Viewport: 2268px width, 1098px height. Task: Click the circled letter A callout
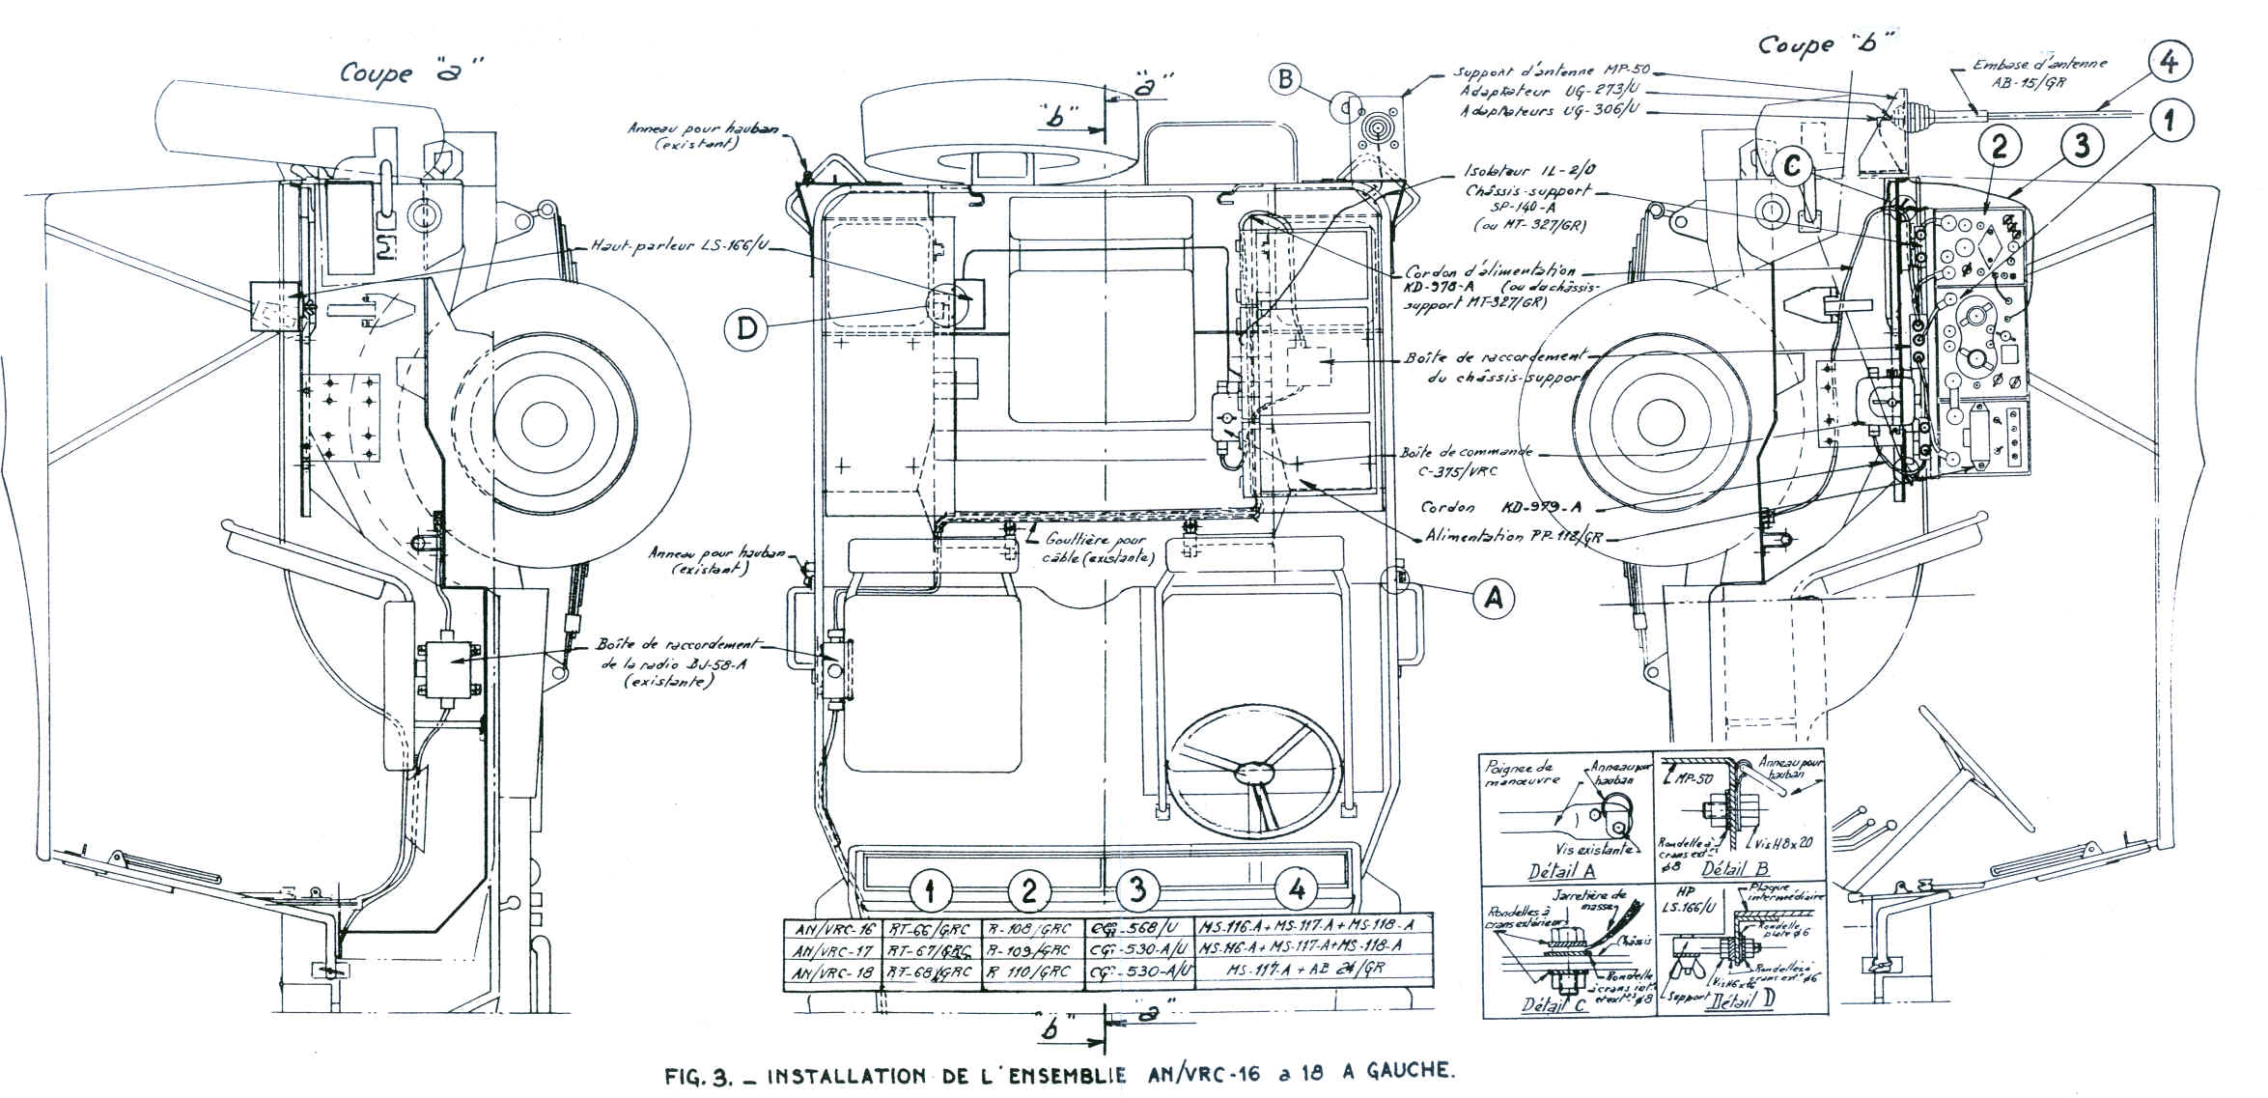[x=1493, y=599]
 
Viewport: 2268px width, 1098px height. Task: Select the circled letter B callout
[x=1285, y=77]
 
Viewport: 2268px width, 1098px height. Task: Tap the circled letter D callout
[x=747, y=330]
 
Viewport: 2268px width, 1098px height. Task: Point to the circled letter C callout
[x=1793, y=167]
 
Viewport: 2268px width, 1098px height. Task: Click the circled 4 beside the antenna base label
[x=2169, y=62]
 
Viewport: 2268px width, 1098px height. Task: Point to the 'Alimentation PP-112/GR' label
[x=1513, y=537]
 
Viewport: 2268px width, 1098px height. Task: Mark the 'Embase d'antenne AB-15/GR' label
[x=2037, y=72]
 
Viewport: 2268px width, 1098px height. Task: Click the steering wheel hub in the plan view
[x=1254, y=772]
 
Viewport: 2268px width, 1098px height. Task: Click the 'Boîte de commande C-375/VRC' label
[x=1468, y=461]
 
